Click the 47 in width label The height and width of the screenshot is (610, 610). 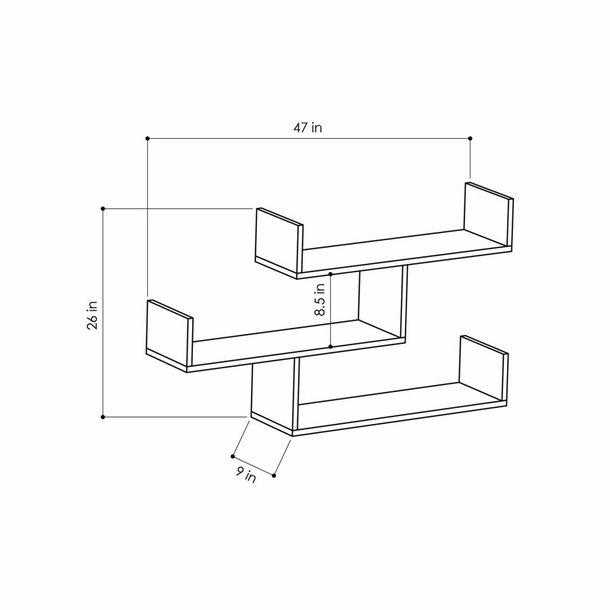pyautogui.click(x=307, y=128)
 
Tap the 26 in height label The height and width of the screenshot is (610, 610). pyautogui.click(x=92, y=313)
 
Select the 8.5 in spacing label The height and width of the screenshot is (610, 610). pyautogui.click(x=320, y=300)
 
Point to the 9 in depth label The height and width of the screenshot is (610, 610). pyautogui.click(x=246, y=475)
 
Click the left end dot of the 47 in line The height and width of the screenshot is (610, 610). pyautogui.click(x=147, y=138)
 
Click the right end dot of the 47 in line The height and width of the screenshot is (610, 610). pyautogui.click(x=470, y=138)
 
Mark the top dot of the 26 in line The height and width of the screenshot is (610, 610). pyautogui.click(x=103, y=207)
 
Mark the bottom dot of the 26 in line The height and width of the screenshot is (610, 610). pyautogui.click(x=103, y=416)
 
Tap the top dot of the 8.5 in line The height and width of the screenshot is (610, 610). pyautogui.click(x=330, y=272)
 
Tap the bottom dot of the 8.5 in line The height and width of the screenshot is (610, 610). pyautogui.click(x=330, y=347)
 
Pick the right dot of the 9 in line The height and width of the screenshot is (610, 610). pyautogui.click(x=274, y=475)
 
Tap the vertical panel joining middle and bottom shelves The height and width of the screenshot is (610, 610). pyautogui.click(x=272, y=392)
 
